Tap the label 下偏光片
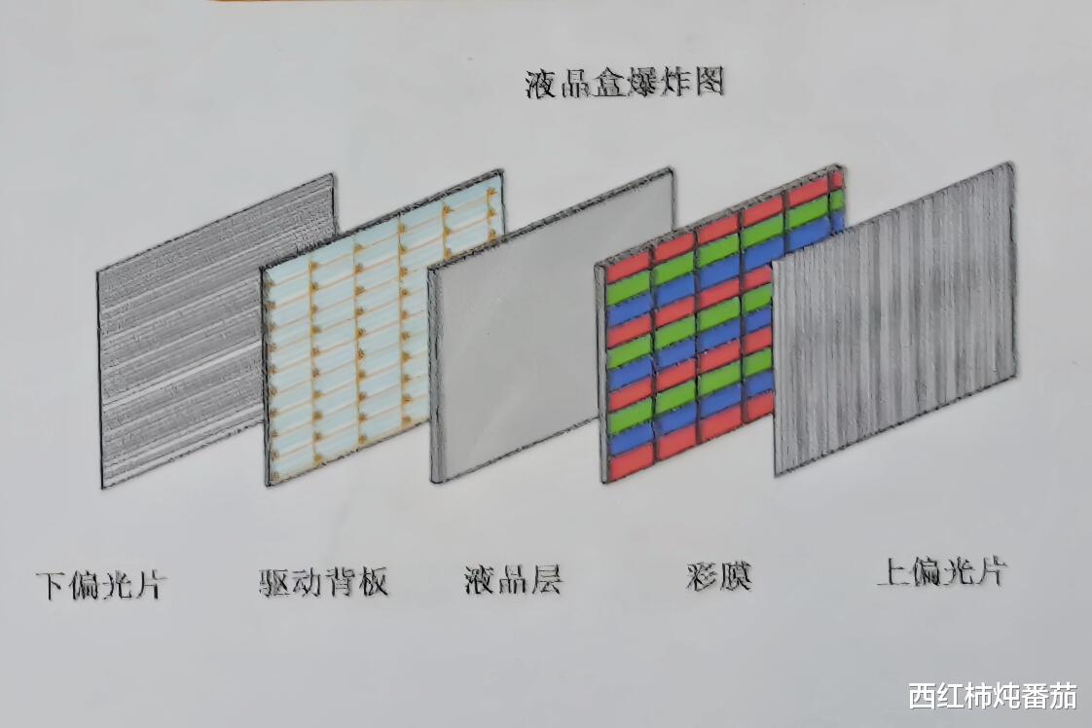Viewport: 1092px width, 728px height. (x=101, y=586)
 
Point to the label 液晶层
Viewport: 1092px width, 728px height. (x=514, y=580)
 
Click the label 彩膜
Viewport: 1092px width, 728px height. (x=718, y=577)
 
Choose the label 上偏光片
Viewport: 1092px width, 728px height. (x=940, y=572)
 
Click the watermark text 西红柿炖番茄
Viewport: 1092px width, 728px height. (x=993, y=696)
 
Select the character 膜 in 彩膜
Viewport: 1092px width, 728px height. (x=736, y=577)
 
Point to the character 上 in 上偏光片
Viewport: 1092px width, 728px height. (x=892, y=572)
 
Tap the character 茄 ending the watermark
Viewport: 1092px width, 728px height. (x=1064, y=696)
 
